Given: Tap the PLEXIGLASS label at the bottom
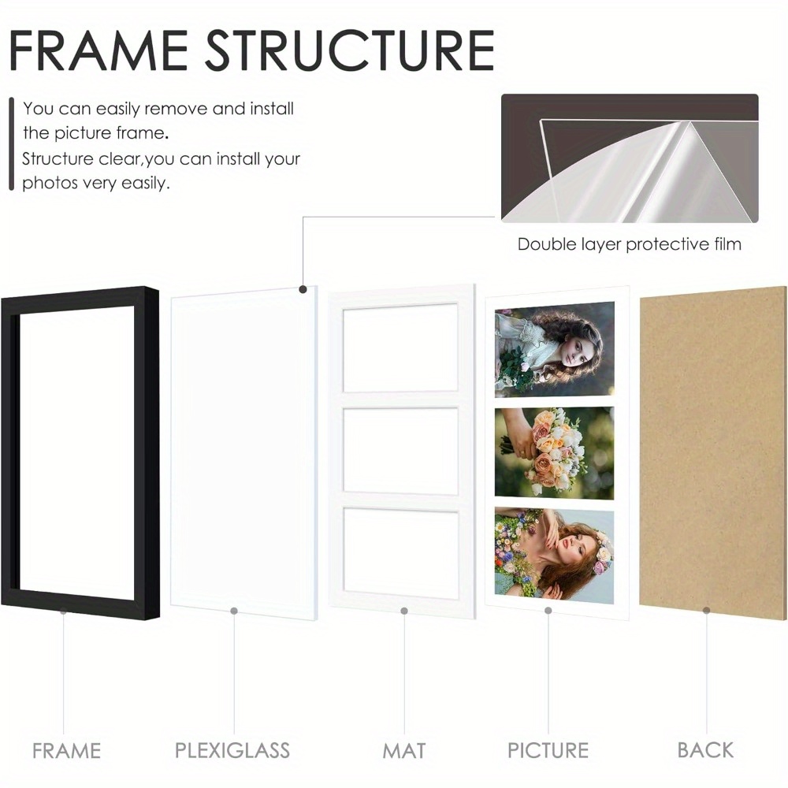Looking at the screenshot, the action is tap(232, 750).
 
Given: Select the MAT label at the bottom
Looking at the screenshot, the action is tap(404, 750).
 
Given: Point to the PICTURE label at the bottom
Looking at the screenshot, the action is tap(548, 750).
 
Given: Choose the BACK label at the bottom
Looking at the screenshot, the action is tap(705, 750).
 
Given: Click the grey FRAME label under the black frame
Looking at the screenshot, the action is tap(66, 751).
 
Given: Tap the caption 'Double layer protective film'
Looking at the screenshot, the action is tap(630, 244).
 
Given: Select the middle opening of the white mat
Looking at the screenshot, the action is tap(401, 450).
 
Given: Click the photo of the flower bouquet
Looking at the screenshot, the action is tap(554, 452).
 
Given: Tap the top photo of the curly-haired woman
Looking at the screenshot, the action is tap(554, 349).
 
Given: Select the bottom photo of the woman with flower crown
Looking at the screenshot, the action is tap(554, 555).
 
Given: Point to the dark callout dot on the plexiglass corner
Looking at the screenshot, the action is tap(303, 289).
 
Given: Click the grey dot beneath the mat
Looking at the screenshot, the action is tap(404, 611).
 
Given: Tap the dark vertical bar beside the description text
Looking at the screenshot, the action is tap(12, 144).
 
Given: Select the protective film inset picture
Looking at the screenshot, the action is tap(630, 158).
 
